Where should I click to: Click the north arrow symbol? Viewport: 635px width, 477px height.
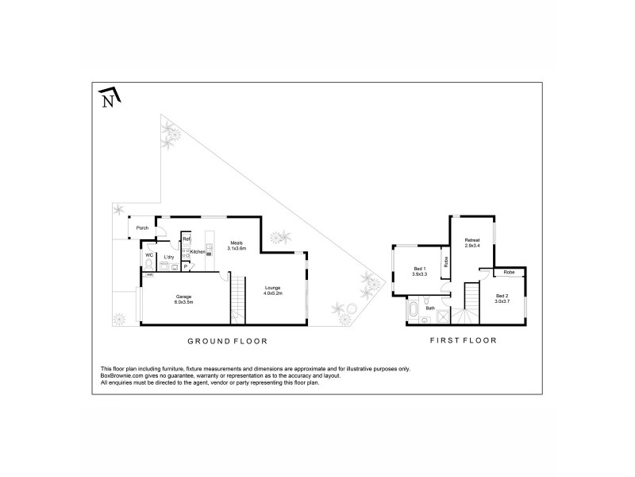[110, 98]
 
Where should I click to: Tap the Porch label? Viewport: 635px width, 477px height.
[143, 228]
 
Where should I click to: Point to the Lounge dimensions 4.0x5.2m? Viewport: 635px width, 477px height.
[273, 294]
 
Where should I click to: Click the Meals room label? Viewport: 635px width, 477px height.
[237, 242]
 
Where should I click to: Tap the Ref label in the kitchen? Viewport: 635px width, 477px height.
[187, 238]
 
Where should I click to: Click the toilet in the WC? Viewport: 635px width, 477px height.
[149, 269]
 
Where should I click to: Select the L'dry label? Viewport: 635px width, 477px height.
[168, 258]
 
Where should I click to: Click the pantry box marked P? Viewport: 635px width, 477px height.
[185, 267]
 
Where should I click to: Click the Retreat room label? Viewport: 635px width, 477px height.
[472, 239]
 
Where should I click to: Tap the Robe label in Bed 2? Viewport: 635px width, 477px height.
[508, 272]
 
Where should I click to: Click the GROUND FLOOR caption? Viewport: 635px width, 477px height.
[226, 341]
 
